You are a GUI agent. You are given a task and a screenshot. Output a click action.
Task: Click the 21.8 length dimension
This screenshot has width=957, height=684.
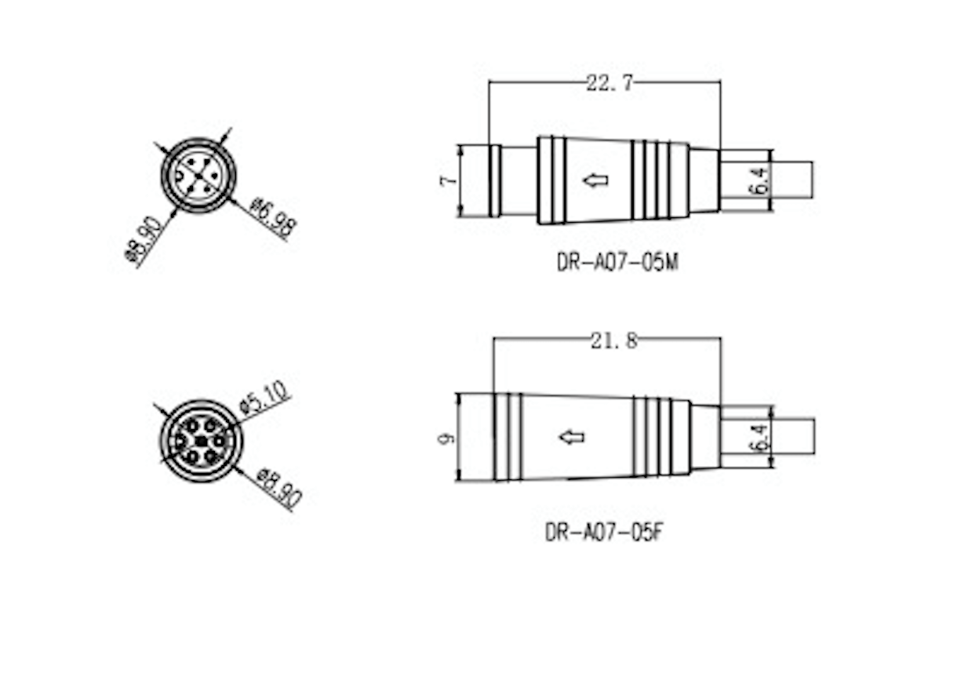613,340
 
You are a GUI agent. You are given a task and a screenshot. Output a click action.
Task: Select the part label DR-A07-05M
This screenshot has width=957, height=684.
617,262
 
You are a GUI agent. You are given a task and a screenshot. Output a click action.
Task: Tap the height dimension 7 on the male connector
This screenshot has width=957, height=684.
447,181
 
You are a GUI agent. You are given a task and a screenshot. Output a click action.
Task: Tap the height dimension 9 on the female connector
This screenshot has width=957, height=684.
446,437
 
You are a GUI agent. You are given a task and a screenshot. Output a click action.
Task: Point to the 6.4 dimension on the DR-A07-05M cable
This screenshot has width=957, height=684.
758,180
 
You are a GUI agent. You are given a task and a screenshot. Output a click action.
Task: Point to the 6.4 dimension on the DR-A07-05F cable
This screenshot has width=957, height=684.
758,437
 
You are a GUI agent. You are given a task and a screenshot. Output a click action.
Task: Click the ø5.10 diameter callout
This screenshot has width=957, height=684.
266,396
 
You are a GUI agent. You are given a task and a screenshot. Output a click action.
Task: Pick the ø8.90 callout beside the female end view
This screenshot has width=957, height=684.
279,487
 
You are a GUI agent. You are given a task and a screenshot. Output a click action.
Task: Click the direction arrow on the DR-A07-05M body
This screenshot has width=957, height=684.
596,180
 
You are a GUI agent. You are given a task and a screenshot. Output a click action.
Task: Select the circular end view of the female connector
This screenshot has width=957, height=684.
201,441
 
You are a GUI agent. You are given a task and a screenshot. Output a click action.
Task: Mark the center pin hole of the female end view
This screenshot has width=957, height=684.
201,442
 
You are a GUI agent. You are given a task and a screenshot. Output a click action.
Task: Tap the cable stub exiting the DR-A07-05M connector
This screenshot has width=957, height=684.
792,180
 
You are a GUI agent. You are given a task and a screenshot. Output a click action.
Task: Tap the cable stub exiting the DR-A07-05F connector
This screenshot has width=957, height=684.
793,436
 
